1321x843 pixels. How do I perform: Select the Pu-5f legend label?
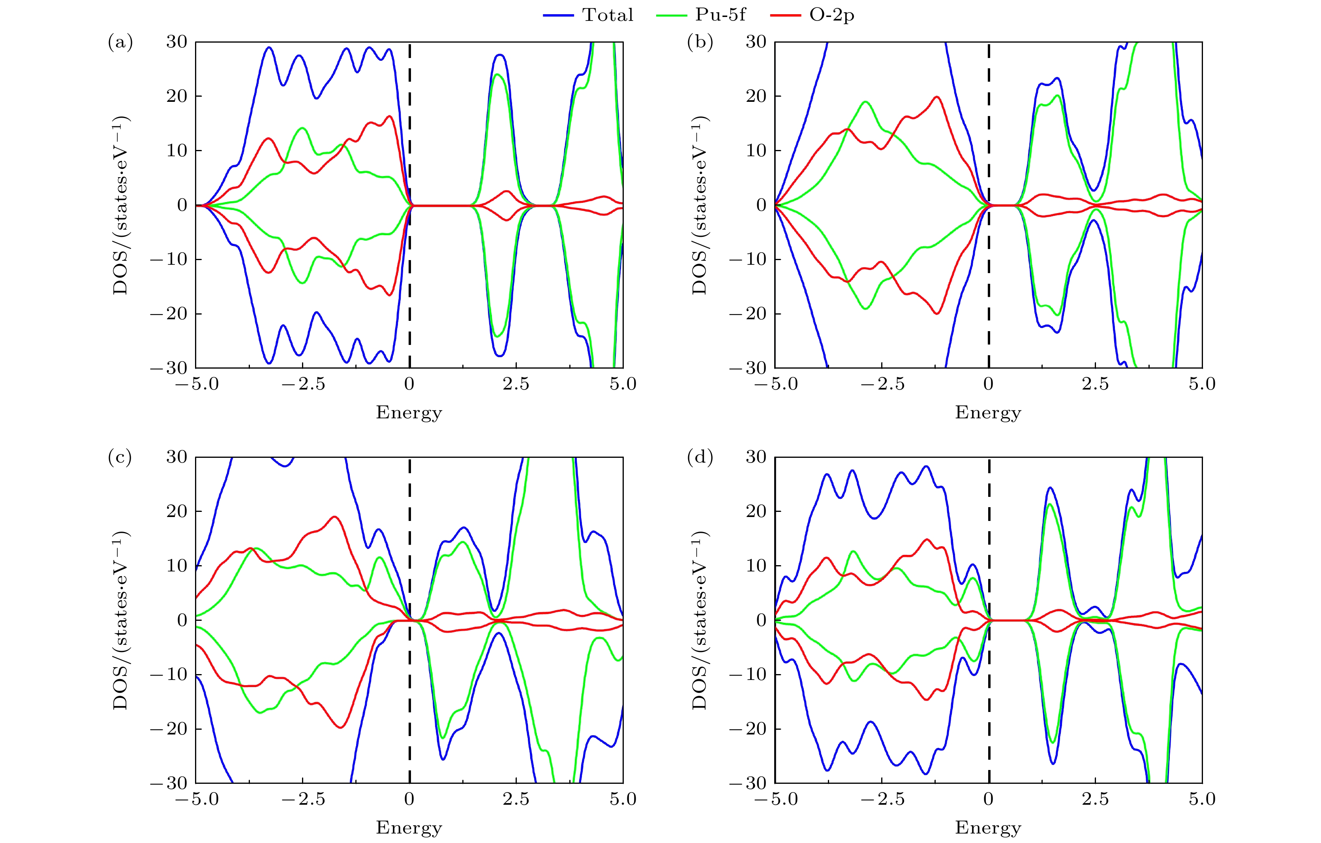(720, 15)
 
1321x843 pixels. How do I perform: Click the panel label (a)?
(120, 42)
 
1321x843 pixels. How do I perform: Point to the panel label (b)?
(700, 42)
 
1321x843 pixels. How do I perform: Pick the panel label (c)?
(120, 457)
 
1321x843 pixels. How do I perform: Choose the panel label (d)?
(700, 457)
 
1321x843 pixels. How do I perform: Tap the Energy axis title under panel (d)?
(988, 828)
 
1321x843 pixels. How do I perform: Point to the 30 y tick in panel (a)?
(176, 42)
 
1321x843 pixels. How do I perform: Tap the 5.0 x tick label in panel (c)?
(623, 799)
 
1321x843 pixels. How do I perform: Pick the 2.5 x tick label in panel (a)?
(516, 384)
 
